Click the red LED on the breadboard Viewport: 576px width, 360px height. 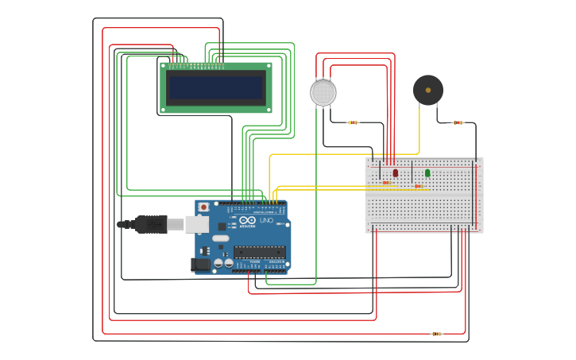[x=396, y=172]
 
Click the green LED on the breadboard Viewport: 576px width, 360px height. [x=427, y=172]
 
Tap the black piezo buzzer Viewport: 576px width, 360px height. [x=428, y=91]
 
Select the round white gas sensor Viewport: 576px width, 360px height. [x=323, y=93]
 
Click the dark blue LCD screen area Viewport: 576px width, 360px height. [x=216, y=87]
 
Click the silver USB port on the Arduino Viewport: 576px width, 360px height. [x=197, y=225]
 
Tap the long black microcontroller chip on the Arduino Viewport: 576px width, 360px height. [x=259, y=252]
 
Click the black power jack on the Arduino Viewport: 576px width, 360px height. [x=201, y=264]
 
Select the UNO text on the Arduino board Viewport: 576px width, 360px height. [x=266, y=220]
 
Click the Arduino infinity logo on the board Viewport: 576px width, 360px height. [x=247, y=220]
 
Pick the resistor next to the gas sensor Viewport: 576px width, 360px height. [x=354, y=122]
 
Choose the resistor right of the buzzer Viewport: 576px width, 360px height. [x=458, y=122]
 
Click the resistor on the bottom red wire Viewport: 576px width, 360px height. [x=436, y=334]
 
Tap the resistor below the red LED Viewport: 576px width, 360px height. [x=387, y=183]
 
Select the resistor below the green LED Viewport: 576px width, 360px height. [x=419, y=187]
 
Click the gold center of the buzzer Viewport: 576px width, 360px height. [x=428, y=91]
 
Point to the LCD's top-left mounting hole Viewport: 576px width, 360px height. [x=164, y=66]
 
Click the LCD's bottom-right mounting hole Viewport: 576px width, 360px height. [x=269, y=109]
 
